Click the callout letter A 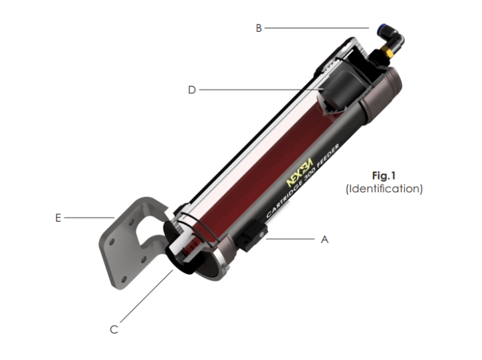click(x=324, y=239)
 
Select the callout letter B click(x=259, y=28)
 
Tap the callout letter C click(x=114, y=329)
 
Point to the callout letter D click(x=192, y=90)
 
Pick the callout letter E click(x=58, y=218)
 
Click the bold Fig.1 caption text click(x=384, y=176)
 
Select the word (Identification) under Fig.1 click(x=384, y=188)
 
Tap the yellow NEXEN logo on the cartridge click(x=299, y=173)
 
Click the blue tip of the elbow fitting click(x=382, y=27)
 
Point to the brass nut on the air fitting click(x=388, y=51)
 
